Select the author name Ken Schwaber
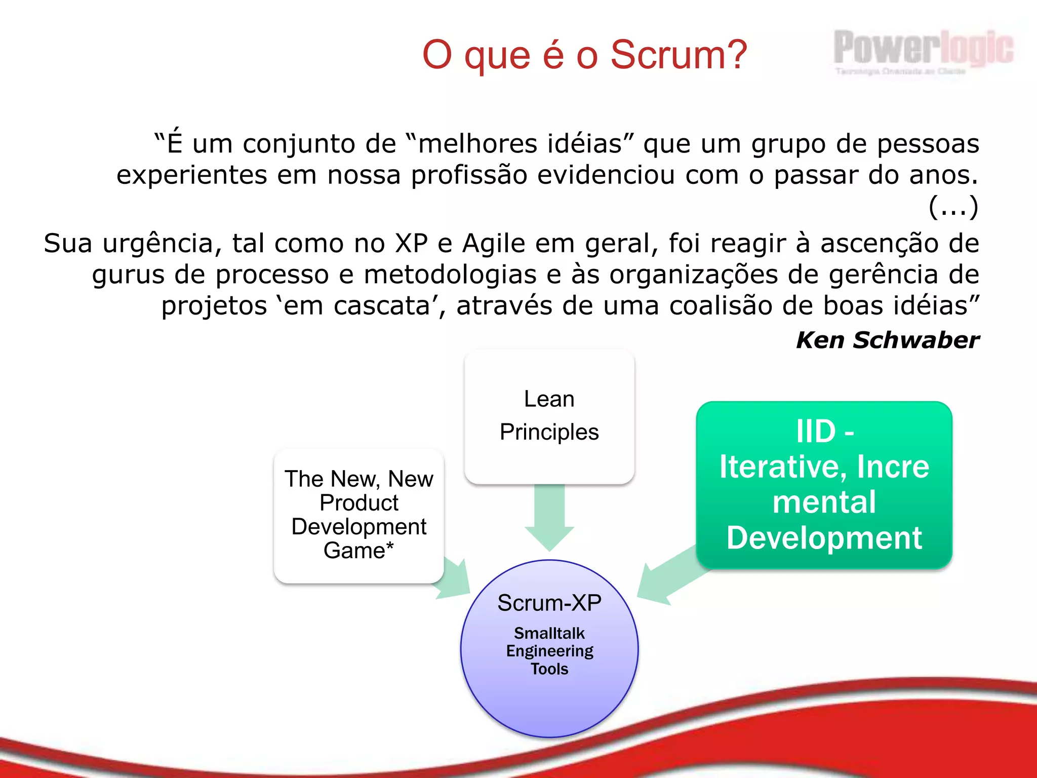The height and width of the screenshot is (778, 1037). click(887, 340)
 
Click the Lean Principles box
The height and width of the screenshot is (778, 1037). click(549, 416)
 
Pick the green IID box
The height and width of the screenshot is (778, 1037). click(824, 484)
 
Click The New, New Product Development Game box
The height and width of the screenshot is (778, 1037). click(358, 515)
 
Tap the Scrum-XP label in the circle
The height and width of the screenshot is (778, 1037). click(549, 603)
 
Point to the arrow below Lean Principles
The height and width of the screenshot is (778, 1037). click(549, 517)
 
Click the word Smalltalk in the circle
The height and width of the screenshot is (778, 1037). click(549, 633)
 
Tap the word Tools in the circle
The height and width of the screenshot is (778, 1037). click(549, 669)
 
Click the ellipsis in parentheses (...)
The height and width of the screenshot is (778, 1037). click(953, 206)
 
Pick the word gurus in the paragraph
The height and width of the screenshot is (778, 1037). click(129, 275)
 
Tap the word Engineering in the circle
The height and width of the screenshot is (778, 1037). click(549, 651)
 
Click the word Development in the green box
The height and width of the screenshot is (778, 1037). click(824, 537)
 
